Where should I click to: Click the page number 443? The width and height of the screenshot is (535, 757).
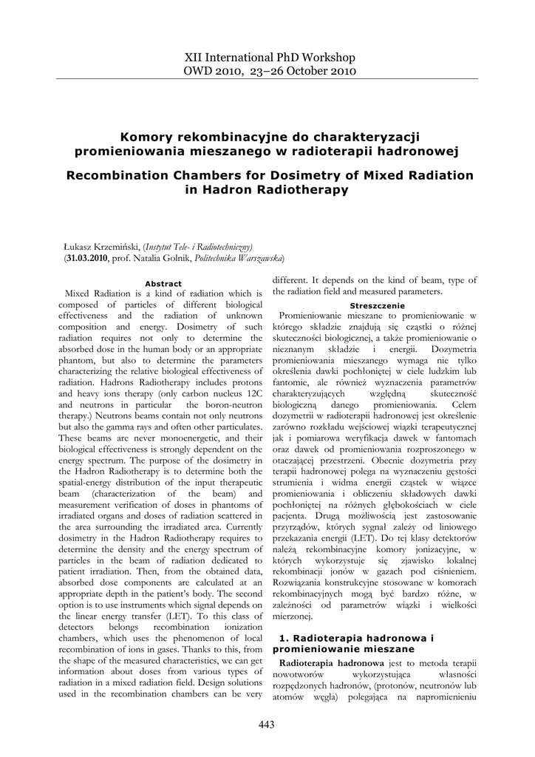[x=267, y=724]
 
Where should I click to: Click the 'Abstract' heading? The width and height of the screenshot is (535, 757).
[x=163, y=284]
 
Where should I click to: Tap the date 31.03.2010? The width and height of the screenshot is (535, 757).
[x=87, y=258]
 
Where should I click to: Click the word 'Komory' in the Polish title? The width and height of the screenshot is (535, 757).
[x=145, y=137]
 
